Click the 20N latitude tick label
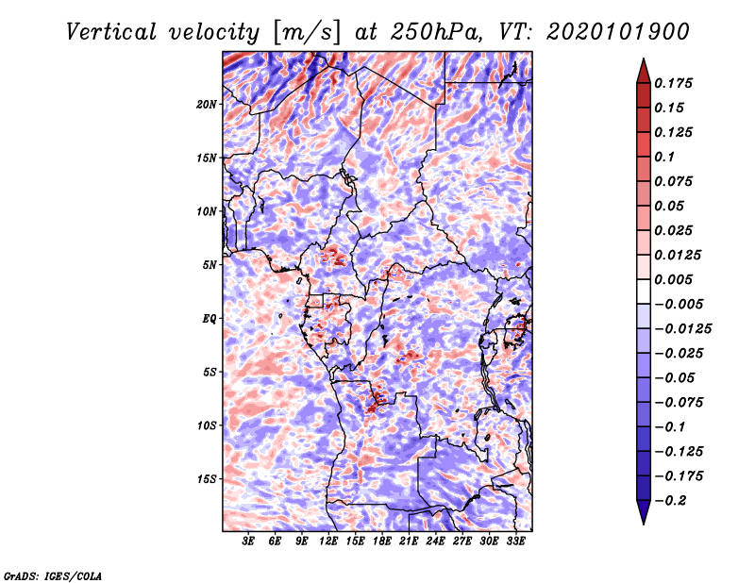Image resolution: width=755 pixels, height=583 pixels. click(207, 105)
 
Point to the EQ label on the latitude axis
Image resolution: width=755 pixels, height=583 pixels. click(209, 319)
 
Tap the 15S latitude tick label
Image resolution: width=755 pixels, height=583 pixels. click(207, 479)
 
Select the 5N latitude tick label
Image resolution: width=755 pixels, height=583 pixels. click(210, 265)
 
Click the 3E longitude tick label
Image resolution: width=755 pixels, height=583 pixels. click(248, 541)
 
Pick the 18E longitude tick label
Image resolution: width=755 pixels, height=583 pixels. click(382, 541)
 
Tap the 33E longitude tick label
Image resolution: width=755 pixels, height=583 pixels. click(515, 541)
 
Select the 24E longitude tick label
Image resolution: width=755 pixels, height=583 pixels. click(435, 541)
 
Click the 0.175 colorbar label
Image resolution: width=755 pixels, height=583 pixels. click(673, 83)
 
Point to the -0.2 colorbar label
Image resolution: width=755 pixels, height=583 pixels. click(670, 501)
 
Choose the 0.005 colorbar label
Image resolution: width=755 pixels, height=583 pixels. click(673, 279)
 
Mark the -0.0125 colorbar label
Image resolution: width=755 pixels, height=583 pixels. click(682, 329)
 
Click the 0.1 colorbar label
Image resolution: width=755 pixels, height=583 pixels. click(664, 157)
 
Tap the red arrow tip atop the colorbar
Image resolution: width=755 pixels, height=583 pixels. click(644, 59)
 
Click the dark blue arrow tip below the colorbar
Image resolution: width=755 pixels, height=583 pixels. click(644, 523)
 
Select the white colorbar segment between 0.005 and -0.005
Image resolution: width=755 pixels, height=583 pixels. click(644, 291)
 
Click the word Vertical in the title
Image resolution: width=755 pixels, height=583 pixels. click(111, 32)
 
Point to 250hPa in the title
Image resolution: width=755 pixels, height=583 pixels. click(436, 32)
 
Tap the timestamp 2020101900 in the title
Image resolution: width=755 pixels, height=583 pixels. click(618, 32)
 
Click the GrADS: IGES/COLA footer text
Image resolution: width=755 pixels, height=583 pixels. click(53, 576)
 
